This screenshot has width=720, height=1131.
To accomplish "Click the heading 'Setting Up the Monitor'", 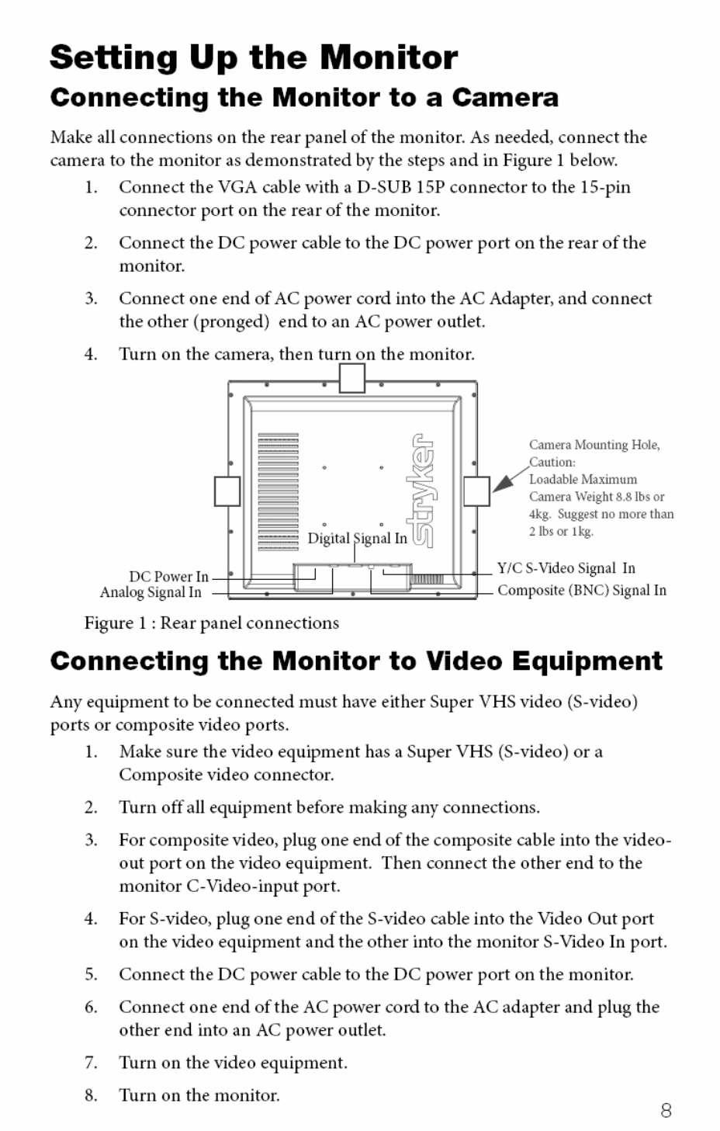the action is coord(254,57).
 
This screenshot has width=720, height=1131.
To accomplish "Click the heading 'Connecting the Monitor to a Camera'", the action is coord(304,98).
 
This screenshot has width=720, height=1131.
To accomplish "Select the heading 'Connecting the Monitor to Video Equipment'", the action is coord(356,661).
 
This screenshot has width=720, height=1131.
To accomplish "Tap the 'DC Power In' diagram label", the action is coord(168,577).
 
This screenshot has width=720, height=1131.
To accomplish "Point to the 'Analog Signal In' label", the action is coord(151,592).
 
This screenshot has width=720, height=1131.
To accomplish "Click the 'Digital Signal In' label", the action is coord(357,538).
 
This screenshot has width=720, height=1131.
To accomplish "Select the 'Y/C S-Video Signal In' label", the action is coord(566,568).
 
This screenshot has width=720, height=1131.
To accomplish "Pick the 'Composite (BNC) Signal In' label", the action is coord(581,590).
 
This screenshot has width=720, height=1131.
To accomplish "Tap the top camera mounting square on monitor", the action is coord(352,378).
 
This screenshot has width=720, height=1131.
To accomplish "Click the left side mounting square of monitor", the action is coord(227,491).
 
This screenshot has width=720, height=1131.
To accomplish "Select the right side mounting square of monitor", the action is coord(476,491).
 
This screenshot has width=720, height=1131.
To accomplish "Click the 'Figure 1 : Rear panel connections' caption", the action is coord(211,623).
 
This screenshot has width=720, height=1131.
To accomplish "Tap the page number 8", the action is coord(666,1111).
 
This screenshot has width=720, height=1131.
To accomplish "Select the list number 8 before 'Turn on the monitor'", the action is coord(91,1095).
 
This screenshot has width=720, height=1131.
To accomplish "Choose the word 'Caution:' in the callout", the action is coord(552,462).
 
